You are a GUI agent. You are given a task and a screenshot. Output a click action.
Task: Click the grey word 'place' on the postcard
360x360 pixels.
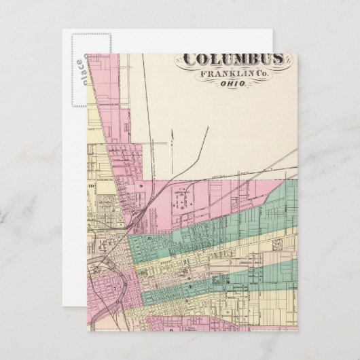tap(79, 71)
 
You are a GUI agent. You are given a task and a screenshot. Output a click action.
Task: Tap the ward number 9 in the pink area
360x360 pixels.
tap(140, 185)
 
